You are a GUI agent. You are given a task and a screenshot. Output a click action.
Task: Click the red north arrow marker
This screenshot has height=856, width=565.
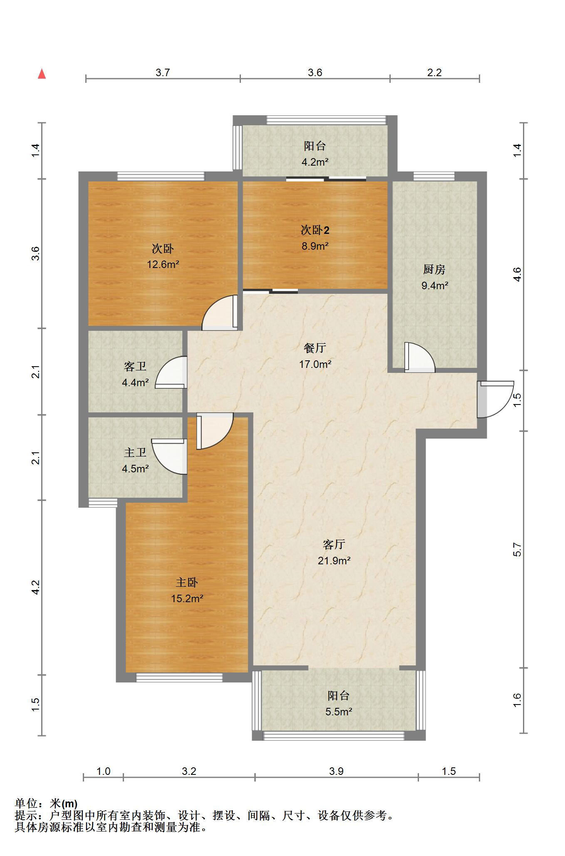point(42,74)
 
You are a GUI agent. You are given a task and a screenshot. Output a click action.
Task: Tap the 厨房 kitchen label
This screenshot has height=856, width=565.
point(434,270)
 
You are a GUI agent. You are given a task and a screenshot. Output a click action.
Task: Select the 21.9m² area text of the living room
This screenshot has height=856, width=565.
point(334,561)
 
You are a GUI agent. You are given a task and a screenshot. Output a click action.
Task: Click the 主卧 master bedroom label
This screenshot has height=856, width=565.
point(187,583)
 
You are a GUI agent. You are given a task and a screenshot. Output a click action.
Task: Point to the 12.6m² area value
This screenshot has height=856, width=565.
point(163,264)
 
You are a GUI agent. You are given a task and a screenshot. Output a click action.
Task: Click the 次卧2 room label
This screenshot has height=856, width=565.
point(315,230)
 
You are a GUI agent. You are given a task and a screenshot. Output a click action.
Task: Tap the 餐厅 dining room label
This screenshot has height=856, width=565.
point(315,348)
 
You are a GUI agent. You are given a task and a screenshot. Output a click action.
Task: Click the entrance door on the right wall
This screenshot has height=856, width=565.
point(495,399)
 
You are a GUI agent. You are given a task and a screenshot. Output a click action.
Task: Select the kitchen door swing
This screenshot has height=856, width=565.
point(419,357)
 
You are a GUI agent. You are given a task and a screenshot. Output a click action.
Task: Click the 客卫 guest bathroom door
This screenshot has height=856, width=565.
point(171,372)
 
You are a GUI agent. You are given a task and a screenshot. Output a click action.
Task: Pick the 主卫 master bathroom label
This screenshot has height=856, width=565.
point(135,452)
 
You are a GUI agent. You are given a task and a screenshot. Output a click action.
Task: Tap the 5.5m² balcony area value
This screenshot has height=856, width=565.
point(339,712)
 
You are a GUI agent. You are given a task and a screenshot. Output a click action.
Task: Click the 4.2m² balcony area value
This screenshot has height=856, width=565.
point(315,162)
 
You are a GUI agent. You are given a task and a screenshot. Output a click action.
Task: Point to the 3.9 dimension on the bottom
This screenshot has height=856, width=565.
point(336,771)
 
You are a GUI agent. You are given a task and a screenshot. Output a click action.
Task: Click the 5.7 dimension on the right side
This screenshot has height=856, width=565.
point(517,550)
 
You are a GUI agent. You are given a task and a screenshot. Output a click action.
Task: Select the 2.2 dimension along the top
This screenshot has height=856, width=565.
point(434,72)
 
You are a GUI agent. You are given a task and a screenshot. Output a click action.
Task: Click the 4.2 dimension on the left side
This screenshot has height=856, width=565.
point(36,587)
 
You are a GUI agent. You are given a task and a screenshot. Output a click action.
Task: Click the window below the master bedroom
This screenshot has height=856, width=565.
point(179,677)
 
